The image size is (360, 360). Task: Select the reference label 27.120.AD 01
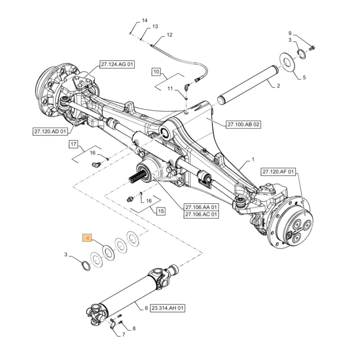tap(50, 132)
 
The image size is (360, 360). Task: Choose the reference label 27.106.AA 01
tap(201, 207)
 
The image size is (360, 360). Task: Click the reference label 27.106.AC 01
tap(201, 215)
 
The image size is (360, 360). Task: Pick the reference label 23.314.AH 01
tap(168, 308)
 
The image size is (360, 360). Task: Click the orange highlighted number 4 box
tap(87, 238)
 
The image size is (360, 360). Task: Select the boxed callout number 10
tap(156, 72)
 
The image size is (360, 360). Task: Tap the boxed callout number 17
tap(73, 145)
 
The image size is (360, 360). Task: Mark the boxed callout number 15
tap(161, 211)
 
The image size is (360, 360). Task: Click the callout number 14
tap(144, 21)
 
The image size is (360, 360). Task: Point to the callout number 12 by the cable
tap(169, 35)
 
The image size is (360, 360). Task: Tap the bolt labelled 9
tap(312, 47)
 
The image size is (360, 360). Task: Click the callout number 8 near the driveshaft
tap(134, 328)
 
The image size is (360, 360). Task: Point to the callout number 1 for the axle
tap(253, 159)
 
